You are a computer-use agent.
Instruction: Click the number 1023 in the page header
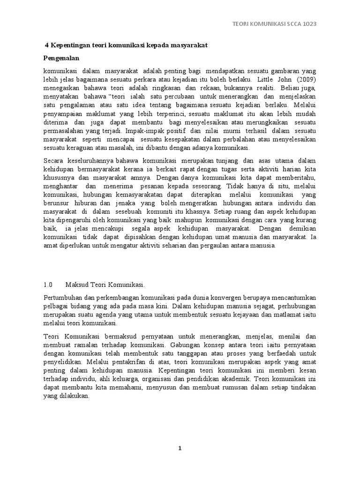[309, 24]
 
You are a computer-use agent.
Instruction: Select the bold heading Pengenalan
[62, 58]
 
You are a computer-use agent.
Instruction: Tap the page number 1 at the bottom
[180, 448]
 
